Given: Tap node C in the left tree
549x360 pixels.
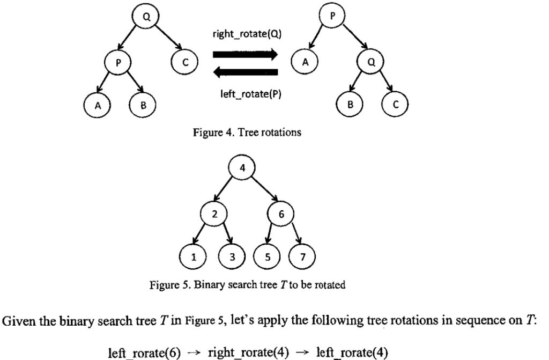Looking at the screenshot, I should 185,62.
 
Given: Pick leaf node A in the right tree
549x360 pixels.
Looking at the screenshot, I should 305,62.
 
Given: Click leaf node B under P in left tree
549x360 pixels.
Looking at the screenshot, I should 143,105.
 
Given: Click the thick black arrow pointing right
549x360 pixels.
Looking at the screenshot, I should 245,54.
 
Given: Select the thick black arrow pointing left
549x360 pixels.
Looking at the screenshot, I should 245,73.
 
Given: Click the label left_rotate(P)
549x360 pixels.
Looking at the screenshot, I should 245,94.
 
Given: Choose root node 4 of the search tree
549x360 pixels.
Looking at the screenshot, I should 242,167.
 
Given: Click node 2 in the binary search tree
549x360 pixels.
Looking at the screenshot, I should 214,214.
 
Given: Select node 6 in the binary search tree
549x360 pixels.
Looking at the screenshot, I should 281,214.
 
